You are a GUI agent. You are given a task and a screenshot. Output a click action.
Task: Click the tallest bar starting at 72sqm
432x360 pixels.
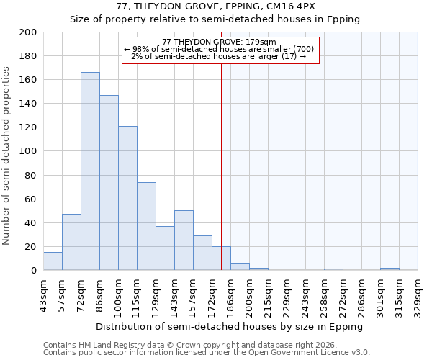[x=90, y=171]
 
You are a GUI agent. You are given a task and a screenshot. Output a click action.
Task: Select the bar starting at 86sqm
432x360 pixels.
[x=109, y=183]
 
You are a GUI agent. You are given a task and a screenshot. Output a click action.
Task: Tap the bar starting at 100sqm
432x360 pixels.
[x=127, y=199]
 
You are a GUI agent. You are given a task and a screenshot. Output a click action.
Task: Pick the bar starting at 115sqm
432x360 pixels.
[x=146, y=226]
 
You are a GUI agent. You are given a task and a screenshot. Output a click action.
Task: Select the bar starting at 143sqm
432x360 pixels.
[x=184, y=240]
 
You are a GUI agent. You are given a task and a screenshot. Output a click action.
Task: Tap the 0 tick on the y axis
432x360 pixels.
[x=34, y=271]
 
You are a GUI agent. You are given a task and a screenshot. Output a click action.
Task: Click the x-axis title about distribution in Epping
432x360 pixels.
[x=230, y=326]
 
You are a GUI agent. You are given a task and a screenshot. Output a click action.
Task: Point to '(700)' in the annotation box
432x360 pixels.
[x=300, y=50]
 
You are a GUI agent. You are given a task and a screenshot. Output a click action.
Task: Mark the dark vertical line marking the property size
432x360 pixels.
[x=221, y=166]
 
